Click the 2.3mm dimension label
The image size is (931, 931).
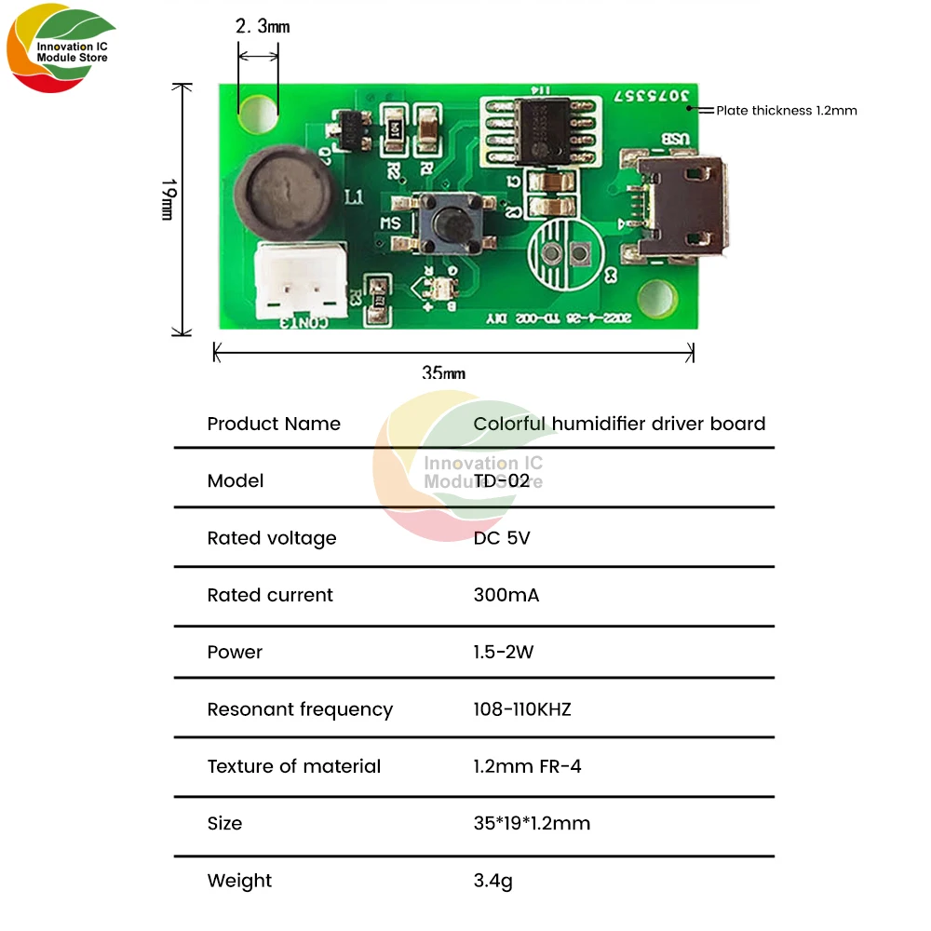263,27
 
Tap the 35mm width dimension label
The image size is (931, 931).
443,373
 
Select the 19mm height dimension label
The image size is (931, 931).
169,199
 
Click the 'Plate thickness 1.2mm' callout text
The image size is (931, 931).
786,110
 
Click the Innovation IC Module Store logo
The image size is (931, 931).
61,51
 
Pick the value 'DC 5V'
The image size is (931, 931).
502,538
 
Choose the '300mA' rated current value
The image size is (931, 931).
506,595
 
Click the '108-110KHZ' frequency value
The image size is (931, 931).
522,709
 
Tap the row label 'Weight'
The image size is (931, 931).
240,881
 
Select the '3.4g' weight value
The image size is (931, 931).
492,881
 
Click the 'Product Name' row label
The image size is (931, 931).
274,424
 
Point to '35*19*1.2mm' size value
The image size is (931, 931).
532,823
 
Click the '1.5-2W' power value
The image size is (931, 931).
504,652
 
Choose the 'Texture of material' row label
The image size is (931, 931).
294,766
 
